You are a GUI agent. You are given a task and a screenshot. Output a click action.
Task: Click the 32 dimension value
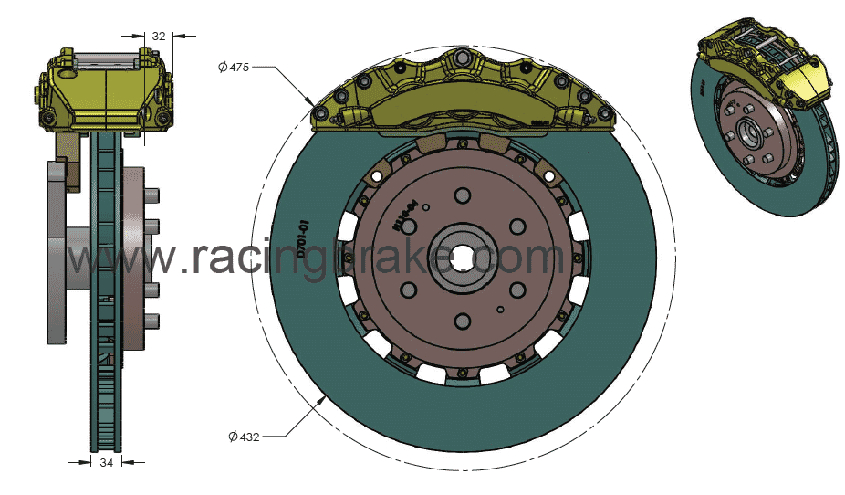tap(159, 37)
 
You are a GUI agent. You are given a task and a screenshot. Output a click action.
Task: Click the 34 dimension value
tap(107, 463)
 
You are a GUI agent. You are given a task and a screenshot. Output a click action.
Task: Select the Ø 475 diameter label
tap(234, 67)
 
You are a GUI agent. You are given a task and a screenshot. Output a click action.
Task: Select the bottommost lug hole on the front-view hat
tap(462, 320)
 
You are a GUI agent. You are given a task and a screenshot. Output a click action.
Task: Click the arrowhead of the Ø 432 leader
tap(326, 399)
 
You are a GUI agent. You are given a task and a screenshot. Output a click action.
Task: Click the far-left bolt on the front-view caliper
tap(320, 113)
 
